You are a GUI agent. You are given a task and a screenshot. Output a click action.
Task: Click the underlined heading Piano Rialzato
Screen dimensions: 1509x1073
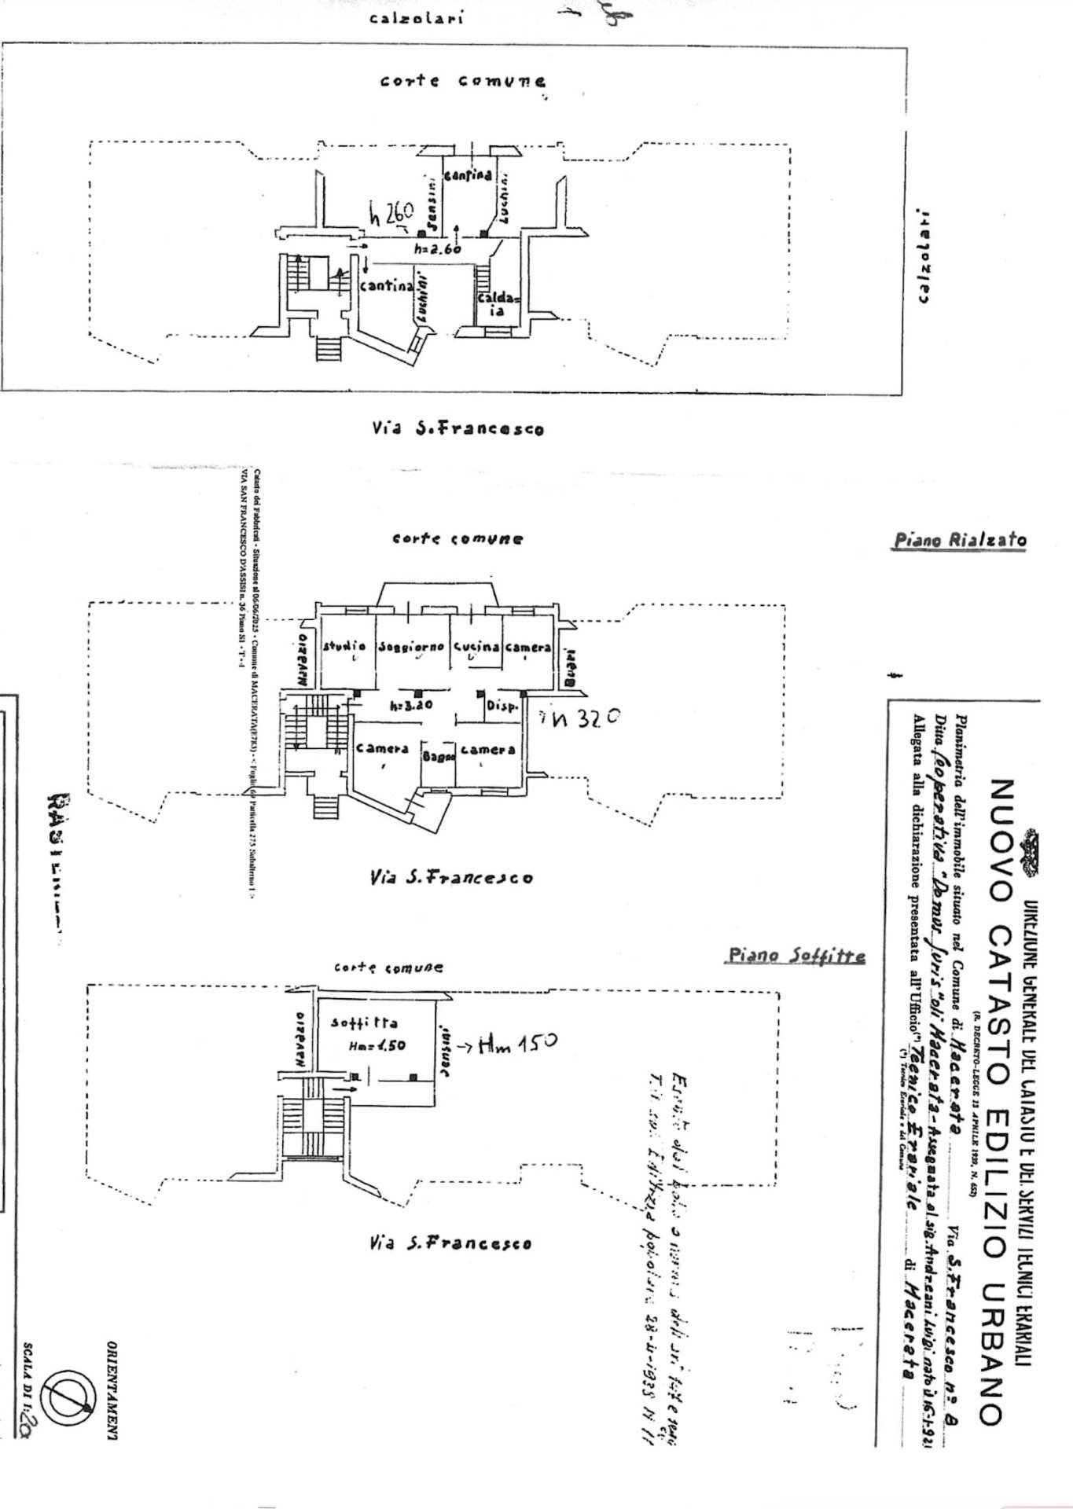[x=960, y=540]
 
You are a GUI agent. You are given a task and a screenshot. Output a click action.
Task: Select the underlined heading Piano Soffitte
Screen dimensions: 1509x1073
[x=796, y=956]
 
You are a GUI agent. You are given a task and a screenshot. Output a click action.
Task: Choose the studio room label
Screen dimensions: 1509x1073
[x=344, y=647]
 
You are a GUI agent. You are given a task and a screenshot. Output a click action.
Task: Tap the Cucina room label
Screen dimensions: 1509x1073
[x=476, y=647]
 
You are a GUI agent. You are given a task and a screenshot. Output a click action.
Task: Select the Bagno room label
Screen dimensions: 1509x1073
[x=439, y=757]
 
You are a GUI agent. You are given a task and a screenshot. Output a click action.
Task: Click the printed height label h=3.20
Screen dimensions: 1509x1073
[x=412, y=705]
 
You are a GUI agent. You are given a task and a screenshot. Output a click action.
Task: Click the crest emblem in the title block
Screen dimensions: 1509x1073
[x=1030, y=851]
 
